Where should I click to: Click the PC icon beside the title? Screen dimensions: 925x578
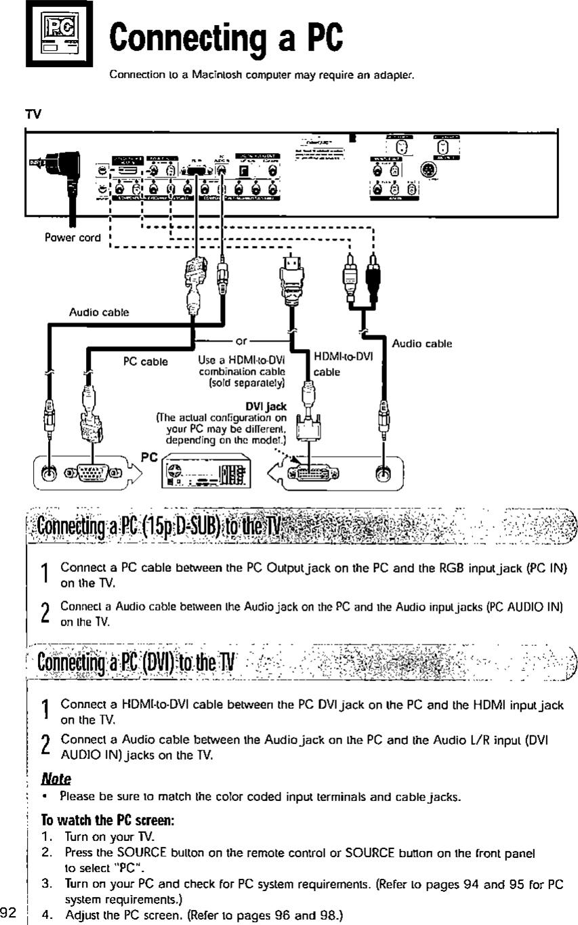click(x=46, y=36)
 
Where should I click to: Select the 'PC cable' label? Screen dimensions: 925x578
click(x=145, y=361)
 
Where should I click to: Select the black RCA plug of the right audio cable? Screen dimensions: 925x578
click(x=373, y=274)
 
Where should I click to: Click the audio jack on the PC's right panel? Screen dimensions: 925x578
click(x=384, y=471)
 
